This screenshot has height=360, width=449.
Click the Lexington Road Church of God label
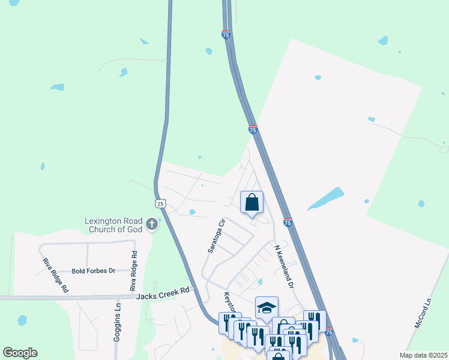113,224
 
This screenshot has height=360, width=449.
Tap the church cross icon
152,225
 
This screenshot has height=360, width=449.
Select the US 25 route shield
160,203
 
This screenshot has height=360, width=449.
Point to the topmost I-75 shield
226,35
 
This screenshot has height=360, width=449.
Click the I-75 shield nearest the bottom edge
328,331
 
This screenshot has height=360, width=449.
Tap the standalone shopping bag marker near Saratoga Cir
252,202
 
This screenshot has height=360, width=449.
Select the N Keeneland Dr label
283,266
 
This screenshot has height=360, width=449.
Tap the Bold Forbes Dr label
93,271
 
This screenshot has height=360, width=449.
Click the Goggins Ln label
118,322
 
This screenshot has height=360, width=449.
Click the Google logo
20,353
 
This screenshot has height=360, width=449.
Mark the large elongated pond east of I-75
326,199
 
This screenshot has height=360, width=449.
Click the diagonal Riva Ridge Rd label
55,276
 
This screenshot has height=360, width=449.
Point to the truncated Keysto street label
229,303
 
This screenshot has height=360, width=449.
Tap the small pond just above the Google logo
22,320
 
